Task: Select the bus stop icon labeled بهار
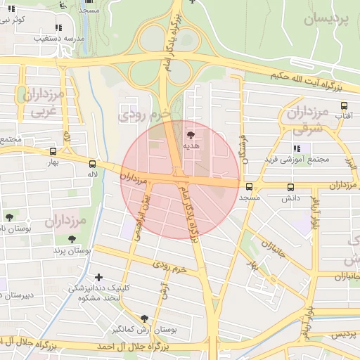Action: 53,151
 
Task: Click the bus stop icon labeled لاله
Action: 92,162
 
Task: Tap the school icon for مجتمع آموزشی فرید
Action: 297,148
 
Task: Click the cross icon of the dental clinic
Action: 98,278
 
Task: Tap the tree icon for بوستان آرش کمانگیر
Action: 145,318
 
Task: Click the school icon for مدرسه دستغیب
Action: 57,27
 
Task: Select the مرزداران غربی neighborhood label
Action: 45,102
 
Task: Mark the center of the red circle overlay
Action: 180,180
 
